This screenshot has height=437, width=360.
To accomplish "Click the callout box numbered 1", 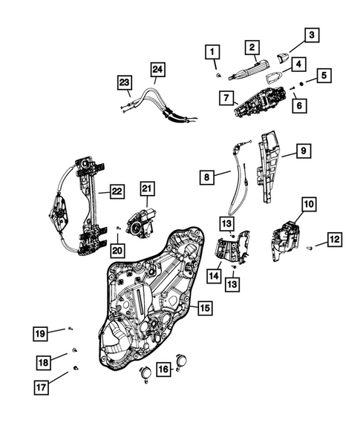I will tap(213, 52).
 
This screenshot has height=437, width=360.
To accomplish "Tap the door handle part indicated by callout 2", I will tap(244, 70).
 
